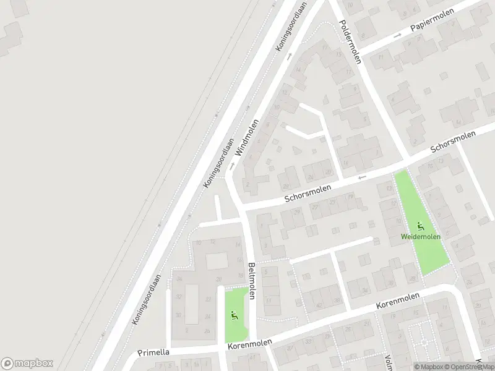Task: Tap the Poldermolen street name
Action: (349, 41)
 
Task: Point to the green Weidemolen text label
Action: (421, 237)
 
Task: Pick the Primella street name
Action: (154, 353)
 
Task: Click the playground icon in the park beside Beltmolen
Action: (234, 316)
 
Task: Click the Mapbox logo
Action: (27, 363)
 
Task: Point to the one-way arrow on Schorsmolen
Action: (363, 178)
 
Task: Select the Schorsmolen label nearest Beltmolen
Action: (308, 194)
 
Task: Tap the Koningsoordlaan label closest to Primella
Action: (147, 299)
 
